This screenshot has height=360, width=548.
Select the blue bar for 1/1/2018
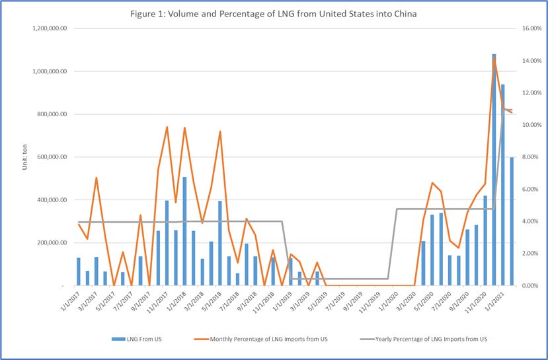point(184,231)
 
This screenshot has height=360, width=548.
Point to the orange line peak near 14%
point(494,59)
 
